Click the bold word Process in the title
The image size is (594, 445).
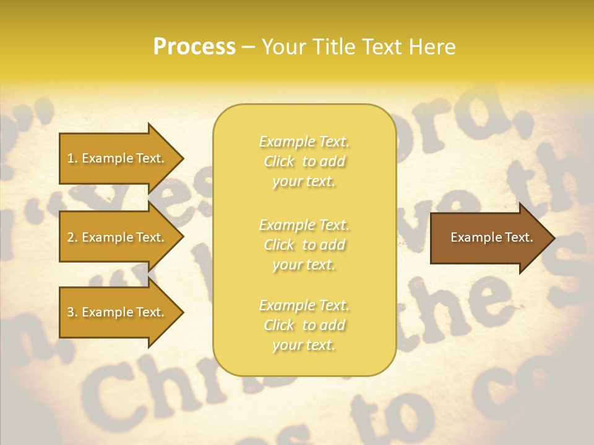pos(194,47)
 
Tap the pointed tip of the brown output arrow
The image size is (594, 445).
pos(553,238)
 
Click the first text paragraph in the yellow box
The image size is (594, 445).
pos(304,161)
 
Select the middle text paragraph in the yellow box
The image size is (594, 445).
pos(304,245)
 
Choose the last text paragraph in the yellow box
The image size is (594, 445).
pos(304,325)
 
